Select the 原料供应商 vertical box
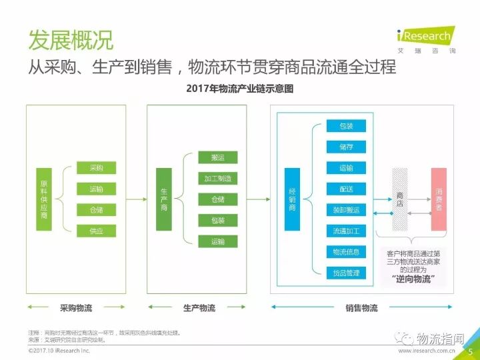click(45, 199)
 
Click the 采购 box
click(96, 168)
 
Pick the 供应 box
click(96, 231)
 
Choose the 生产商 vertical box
click(164, 199)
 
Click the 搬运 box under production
click(218, 158)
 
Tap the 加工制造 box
click(218, 179)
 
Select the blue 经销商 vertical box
click(292, 199)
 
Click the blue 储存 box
click(346, 147)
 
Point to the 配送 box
click(346, 189)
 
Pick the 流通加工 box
click(346, 231)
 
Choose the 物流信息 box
click(346, 251)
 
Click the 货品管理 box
click(346, 273)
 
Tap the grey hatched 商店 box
click(399, 199)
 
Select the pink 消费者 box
click(438, 199)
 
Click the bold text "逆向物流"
click(409, 279)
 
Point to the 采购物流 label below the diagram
click(76, 308)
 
